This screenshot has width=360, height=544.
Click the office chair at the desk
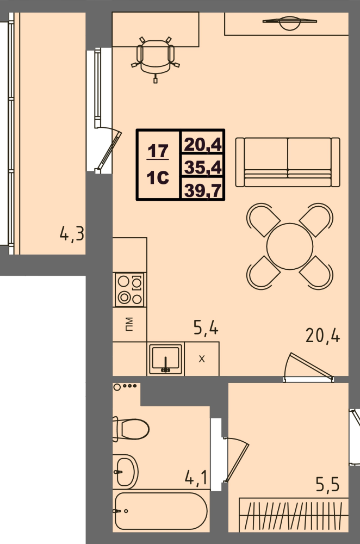pyautogui.click(x=156, y=57)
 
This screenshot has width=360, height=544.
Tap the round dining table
pyautogui.click(x=290, y=246)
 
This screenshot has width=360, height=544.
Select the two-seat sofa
pyautogui.click(x=288, y=162)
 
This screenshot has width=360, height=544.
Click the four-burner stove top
pyautogui.click(x=130, y=290)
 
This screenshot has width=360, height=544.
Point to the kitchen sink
pyautogui.click(x=166, y=358)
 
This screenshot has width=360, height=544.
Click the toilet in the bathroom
pyautogui.click(x=131, y=429)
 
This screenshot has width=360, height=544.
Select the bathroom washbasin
pyautogui.click(x=125, y=472)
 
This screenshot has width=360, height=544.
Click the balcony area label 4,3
pyautogui.click(x=72, y=233)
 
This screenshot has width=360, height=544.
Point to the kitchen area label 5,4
pyautogui.click(x=206, y=327)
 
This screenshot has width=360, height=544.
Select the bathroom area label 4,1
pyautogui.click(x=196, y=478)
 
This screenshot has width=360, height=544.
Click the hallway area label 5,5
pyautogui.click(x=327, y=484)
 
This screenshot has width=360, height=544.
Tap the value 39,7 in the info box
pyautogui.click(x=203, y=190)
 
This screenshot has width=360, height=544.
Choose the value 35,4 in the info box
pyautogui.click(x=203, y=167)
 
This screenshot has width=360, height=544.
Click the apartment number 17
pyautogui.click(x=158, y=151)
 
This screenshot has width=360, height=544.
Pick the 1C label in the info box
pyautogui.click(x=158, y=178)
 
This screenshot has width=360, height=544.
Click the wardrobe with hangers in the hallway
pyautogui.click(x=294, y=515)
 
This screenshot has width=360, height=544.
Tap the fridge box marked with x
pyautogui.click(x=202, y=358)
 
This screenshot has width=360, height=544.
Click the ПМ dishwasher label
pyautogui.click(x=129, y=324)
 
